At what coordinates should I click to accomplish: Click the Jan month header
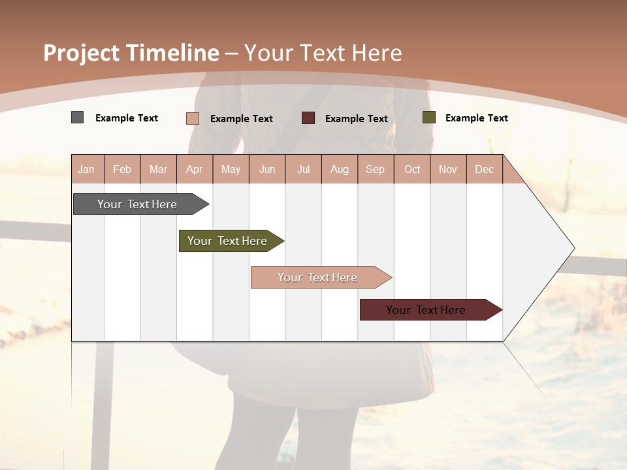[x=87, y=169]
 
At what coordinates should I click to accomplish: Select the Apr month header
[x=195, y=169]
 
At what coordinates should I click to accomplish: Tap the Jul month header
[x=304, y=169]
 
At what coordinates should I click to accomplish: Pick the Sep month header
[x=376, y=169]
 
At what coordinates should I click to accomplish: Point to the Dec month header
[x=485, y=169]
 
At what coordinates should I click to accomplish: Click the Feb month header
[x=122, y=169]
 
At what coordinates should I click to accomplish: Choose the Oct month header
[x=412, y=169]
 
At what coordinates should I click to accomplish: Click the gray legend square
[x=77, y=117]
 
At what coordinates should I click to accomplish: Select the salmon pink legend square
[x=192, y=118]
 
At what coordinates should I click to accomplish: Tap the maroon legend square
[x=308, y=118]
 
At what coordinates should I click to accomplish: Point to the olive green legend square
[x=428, y=117]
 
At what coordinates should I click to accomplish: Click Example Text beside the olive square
[x=476, y=118]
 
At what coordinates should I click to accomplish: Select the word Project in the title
[x=82, y=53]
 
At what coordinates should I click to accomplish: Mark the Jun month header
[x=267, y=169]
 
